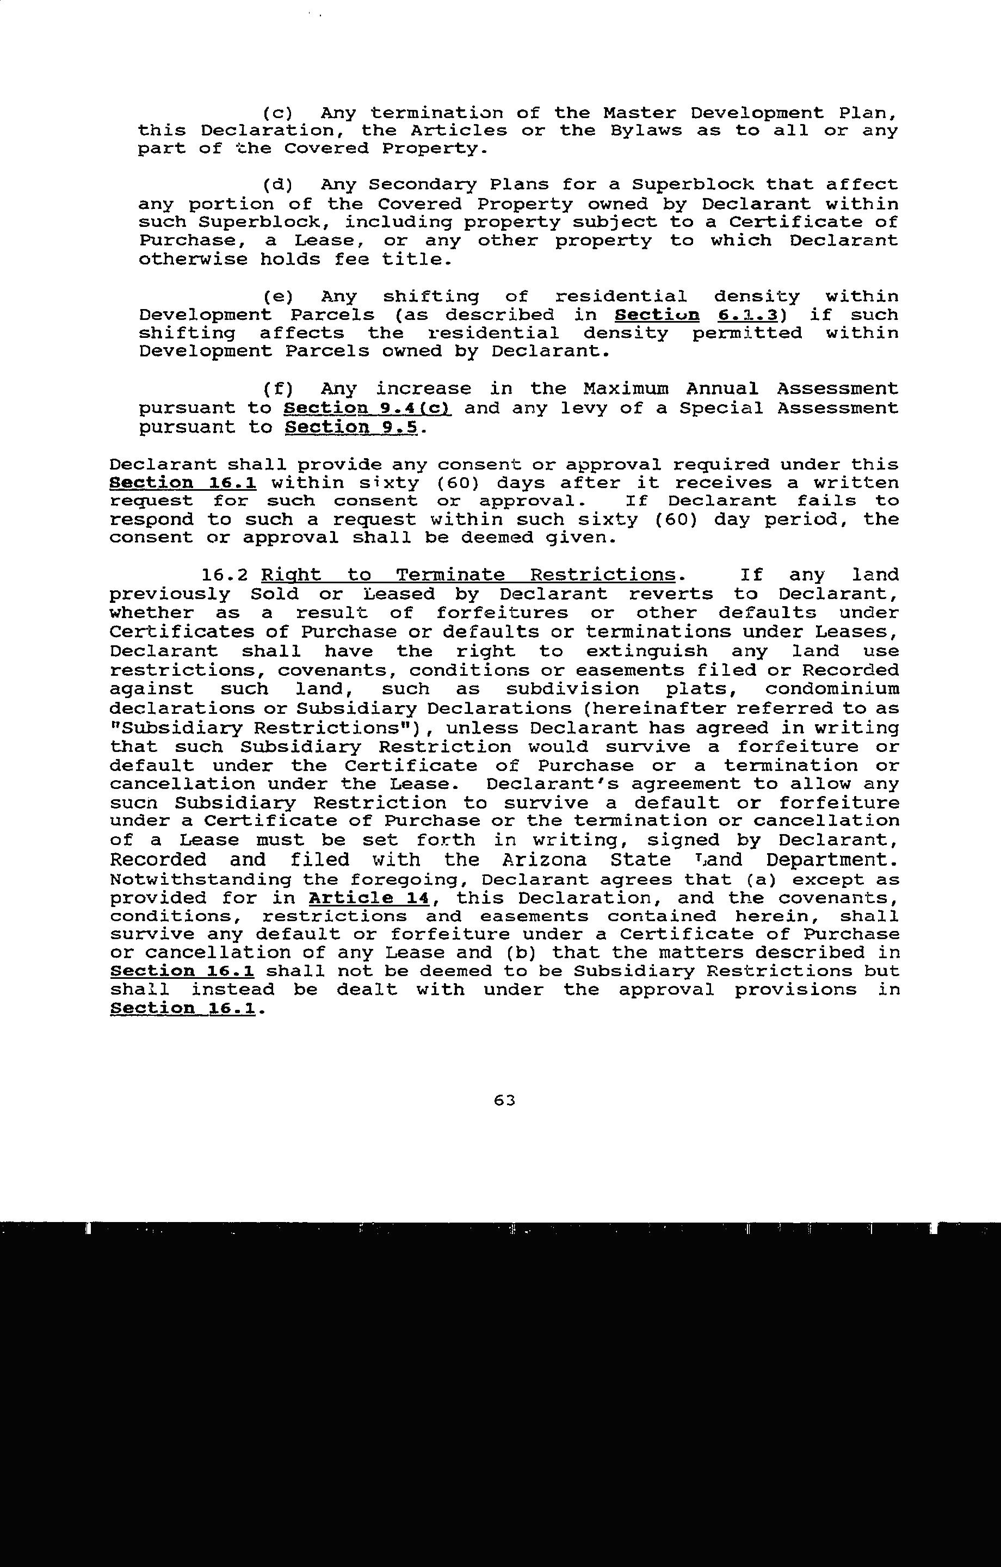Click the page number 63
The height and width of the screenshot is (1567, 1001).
(504, 1100)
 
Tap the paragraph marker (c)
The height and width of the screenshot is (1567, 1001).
(278, 113)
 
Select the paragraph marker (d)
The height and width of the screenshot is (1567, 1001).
(278, 186)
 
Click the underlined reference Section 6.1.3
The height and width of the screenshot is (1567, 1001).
(696, 316)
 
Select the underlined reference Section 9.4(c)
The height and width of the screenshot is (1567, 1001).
(368, 409)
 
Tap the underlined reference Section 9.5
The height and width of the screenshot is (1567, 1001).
(354, 428)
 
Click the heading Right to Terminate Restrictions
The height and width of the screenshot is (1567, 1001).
(468, 575)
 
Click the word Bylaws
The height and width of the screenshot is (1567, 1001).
(646, 131)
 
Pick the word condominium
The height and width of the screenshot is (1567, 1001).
(832, 689)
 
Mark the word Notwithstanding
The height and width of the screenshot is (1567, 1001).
(200, 880)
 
